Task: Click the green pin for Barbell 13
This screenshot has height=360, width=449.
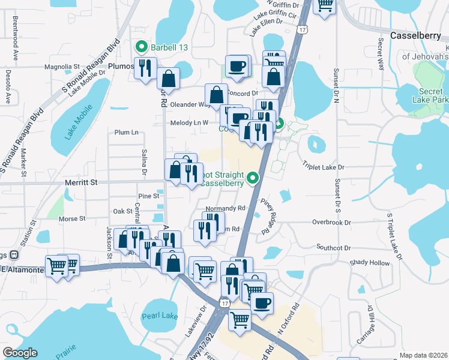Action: [142, 46]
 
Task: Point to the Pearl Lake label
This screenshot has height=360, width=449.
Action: [156, 316]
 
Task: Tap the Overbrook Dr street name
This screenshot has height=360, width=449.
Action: [331, 222]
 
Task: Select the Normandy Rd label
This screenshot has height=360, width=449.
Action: [226, 208]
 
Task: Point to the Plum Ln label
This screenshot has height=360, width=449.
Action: [126, 132]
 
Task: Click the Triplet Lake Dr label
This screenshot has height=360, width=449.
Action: [324, 167]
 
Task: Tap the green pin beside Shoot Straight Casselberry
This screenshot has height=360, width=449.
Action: [253, 178]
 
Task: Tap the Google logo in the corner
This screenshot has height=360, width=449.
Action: [20, 353]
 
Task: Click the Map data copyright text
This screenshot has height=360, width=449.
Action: [424, 355]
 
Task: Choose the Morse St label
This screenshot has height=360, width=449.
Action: [73, 219]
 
